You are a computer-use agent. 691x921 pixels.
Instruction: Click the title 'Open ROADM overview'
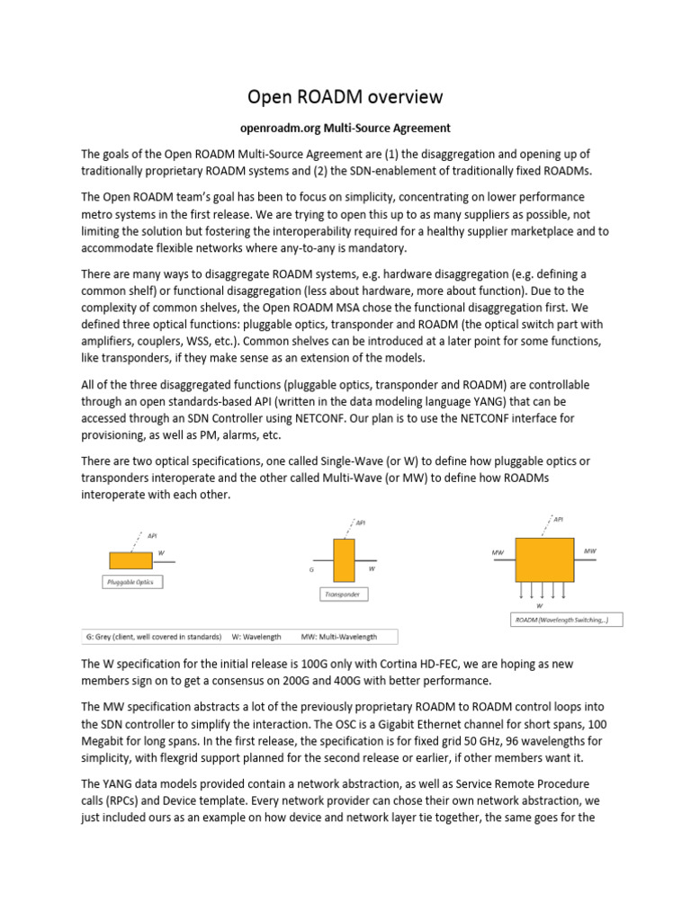tap(345, 97)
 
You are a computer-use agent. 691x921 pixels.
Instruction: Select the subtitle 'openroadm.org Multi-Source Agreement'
tap(345, 128)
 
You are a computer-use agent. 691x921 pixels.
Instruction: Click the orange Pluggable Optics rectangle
tap(130, 560)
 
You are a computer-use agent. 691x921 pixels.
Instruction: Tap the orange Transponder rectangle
tap(344, 560)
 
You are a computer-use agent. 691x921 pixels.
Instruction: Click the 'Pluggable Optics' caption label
tap(130, 582)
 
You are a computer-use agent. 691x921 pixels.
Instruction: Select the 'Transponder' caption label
tap(344, 595)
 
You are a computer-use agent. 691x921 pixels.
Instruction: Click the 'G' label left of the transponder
tap(311, 570)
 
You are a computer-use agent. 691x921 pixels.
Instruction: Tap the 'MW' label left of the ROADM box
tap(498, 550)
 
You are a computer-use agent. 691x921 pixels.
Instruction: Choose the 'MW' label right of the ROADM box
tap(589, 550)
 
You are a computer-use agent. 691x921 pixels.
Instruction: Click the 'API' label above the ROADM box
tap(558, 519)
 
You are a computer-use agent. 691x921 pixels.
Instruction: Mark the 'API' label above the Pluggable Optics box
tap(152, 534)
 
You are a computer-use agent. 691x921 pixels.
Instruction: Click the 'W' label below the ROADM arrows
tap(539, 605)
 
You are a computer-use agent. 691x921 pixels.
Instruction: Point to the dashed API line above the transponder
tap(347, 529)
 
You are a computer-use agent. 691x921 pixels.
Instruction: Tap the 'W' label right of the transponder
tap(372, 568)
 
